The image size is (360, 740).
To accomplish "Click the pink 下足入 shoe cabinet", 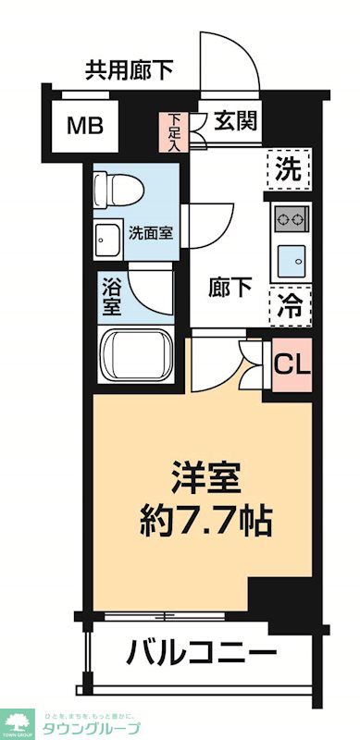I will pyautogui.click(x=176, y=130).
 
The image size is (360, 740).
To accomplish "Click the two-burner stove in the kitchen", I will pyautogui.click(x=291, y=220).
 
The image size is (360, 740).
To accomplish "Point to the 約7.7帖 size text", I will pyautogui.click(x=206, y=521).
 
